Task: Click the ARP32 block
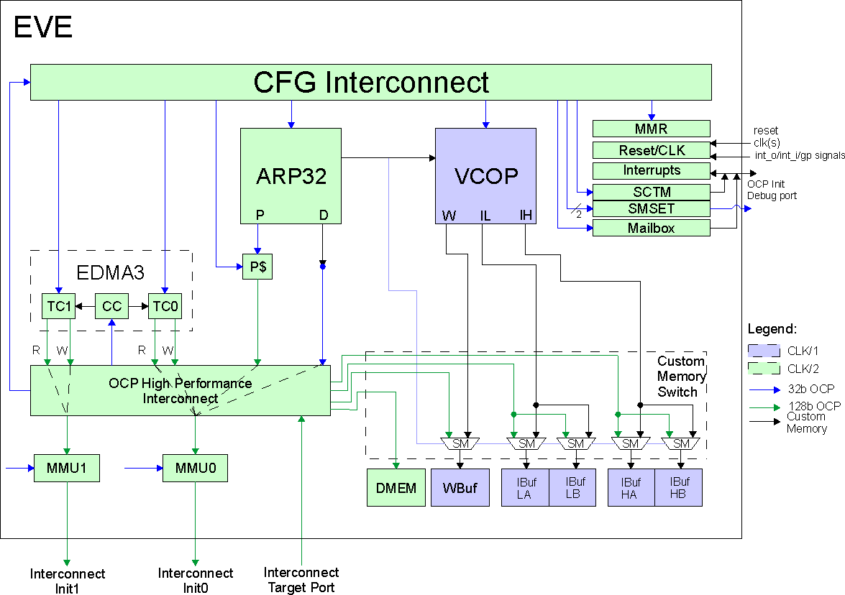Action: [291, 175]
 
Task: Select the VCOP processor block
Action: [485, 175]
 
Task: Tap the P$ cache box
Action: [257, 267]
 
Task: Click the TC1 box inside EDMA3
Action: [58, 307]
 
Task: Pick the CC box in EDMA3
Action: [111, 307]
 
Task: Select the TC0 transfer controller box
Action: [165, 307]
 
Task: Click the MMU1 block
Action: [67, 468]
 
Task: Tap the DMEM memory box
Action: [396, 488]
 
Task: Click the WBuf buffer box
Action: [460, 488]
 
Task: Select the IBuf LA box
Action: [525, 488]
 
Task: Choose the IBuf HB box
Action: [678, 488]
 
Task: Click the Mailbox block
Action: [651, 228]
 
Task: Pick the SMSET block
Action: [651, 208]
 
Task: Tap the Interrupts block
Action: [651, 170]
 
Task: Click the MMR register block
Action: [651, 129]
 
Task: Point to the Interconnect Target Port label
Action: [301, 580]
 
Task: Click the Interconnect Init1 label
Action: [68, 581]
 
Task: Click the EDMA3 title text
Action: [111, 273]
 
